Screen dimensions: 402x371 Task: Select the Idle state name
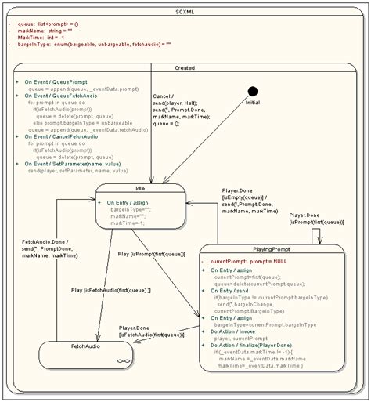140,188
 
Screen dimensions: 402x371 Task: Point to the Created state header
185,68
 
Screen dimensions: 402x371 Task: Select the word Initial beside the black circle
252,103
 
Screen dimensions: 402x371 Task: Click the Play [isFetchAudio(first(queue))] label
110,291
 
